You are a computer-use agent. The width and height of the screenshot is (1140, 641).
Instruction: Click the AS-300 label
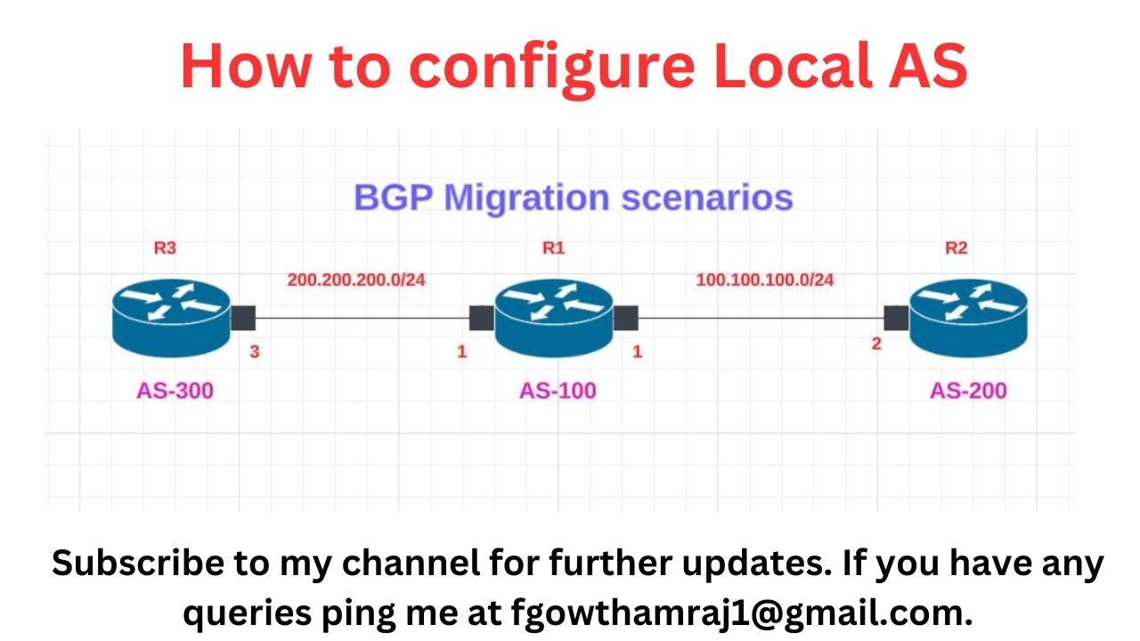click(175, 390)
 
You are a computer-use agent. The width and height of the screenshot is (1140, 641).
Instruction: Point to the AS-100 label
click(558, 390)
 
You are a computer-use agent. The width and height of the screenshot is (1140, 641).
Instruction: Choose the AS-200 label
click(968, 390)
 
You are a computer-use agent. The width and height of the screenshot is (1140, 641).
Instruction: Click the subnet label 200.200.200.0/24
click(356, 280)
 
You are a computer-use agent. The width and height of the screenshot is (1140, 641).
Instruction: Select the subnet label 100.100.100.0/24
click(765, 280)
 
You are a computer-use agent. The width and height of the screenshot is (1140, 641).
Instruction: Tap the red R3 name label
click(165, 248)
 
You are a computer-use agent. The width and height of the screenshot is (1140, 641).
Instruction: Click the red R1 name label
click(553, 248)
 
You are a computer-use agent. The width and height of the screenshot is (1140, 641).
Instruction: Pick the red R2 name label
click(956, 248)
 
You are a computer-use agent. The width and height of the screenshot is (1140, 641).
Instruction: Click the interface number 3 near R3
click(255, 352)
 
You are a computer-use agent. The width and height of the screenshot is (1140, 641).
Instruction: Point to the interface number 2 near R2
click(876, 344)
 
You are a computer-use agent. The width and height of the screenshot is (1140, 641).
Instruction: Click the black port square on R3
click(243, 318)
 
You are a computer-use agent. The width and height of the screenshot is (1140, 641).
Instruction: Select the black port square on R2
click(896, 318)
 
